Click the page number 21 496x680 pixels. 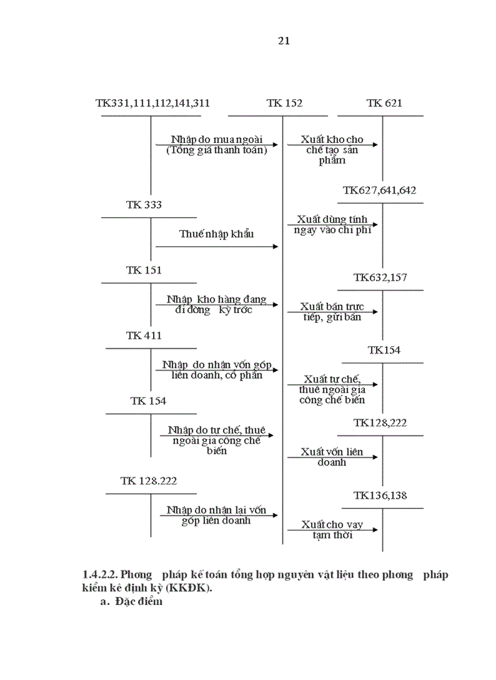284,40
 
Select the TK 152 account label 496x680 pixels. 284,103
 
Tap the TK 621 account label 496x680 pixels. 384,103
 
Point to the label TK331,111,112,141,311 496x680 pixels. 152,103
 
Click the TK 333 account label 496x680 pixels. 144,205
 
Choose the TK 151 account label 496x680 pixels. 144,270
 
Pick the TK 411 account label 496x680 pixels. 144,335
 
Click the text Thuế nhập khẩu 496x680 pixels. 216,234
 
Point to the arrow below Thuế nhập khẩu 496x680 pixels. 217,246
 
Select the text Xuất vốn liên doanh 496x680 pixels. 332,457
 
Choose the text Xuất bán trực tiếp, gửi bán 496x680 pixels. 331,312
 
